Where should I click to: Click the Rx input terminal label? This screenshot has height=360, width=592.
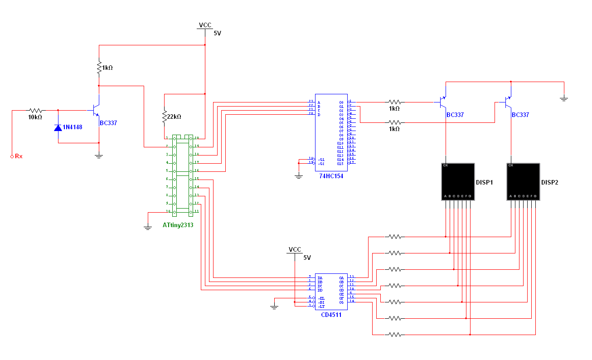coord(19,156)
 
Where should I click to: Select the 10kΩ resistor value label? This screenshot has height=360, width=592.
coord(35,117)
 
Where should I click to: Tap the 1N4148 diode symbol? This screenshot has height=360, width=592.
coord(58,127)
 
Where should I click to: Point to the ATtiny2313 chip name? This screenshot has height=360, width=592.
coord(178,225)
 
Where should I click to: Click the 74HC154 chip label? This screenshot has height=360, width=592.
coord(331,176)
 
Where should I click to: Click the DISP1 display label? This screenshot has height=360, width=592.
coord(484,182)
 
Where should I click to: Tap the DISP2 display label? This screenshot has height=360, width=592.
coord(549,182)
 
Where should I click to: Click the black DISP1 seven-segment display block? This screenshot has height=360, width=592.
coord(458,182)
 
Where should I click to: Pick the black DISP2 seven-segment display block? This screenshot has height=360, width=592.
coord(523,182)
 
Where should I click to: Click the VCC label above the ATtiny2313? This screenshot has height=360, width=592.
coord(205,25)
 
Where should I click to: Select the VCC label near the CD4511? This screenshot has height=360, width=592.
coord(295,250)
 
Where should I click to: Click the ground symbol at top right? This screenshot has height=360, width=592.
coord(563,98)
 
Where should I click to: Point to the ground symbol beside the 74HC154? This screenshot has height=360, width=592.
coord(298,176)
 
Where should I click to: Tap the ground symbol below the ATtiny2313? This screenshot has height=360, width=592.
coord(147,227)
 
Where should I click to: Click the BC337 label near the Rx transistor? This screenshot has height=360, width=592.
coord(108,123)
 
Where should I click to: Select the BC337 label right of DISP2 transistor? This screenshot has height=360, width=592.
coord(520,115)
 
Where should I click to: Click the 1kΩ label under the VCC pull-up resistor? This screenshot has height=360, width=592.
coord(107,68)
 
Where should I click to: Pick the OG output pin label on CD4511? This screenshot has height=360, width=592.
coord(341,302)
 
